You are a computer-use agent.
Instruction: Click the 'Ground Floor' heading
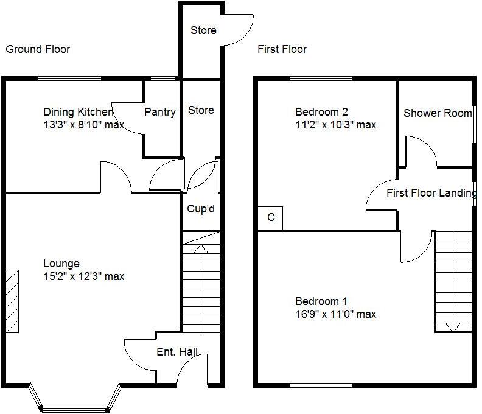[38, 49]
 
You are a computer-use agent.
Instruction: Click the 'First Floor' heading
[282, 49]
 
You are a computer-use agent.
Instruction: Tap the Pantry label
[160, 112]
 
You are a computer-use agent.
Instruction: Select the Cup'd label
[200, 209]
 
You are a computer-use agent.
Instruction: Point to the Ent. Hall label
[176, 351]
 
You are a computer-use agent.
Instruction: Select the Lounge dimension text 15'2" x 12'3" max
[83, 276]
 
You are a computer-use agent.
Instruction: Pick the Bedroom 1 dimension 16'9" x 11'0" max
[335, 314]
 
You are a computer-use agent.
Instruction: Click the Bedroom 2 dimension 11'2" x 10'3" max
[335, 125]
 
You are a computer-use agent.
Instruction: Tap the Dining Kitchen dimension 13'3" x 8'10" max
[83, 125]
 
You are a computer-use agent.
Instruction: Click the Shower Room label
[437, 113]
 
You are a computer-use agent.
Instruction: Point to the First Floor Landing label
[431, 193]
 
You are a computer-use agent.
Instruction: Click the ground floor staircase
[201, 283]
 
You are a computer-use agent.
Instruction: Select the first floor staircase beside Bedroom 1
[454, 280]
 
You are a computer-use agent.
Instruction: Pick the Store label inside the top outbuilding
[203, 30]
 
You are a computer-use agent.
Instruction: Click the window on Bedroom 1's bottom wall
[321, 385]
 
